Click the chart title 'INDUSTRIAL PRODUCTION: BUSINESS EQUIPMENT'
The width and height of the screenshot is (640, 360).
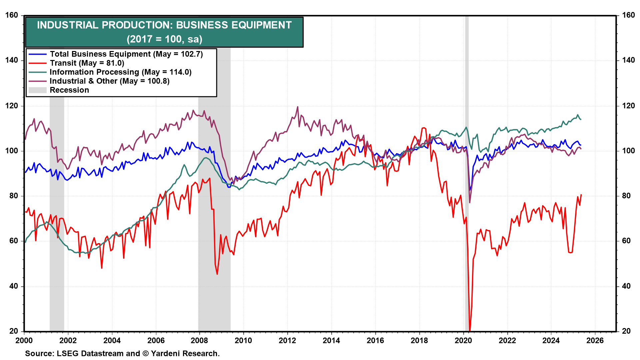click(x=164, y=25)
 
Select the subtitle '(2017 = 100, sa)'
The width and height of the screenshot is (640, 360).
click(x=164, y=39)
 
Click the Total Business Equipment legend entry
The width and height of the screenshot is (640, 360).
click(x=126, y=54)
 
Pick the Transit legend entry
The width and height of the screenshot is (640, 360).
click(x=87, y=63)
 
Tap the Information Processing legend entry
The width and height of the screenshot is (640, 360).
click(x=120, y=72)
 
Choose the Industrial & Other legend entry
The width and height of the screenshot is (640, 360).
click(x=109, y=81)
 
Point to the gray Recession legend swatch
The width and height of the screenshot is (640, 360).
click(x=37, y=90)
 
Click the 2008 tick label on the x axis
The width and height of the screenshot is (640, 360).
click(x=199, y=340)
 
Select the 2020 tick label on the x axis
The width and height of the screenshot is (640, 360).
click(x=463, y=340)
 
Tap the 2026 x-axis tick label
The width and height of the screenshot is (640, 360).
click(x=595, y=340)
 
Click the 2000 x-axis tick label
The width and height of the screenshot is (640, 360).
click(x=24, y=340)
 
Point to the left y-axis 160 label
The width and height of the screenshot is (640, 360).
click(x=12, y=15)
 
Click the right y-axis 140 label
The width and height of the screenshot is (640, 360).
click(x=628, y=60)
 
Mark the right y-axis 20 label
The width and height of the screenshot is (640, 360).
click(x=626, y=331)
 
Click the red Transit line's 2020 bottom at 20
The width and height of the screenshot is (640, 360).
click(x=470, y=330)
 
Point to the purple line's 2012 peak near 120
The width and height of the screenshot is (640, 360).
click(x=297, y=107)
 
